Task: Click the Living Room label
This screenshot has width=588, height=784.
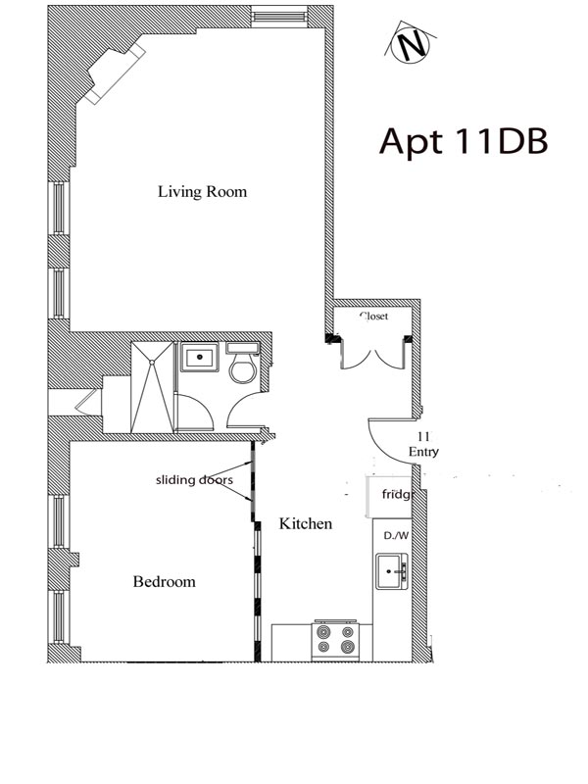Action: point(202,192)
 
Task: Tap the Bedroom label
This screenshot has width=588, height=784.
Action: point(164,582)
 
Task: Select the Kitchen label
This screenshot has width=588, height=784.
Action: point(306,524)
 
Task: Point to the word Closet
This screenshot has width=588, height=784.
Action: point(373,317)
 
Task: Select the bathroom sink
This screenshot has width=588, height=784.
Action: point(201,357)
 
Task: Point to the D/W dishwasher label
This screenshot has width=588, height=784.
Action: point(396,535)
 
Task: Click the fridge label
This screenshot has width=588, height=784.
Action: point(395,495)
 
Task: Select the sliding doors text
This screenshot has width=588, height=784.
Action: point(194,480)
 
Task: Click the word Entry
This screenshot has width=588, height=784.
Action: point(423,453)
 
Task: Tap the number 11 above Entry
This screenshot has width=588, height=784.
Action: point(423,435)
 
